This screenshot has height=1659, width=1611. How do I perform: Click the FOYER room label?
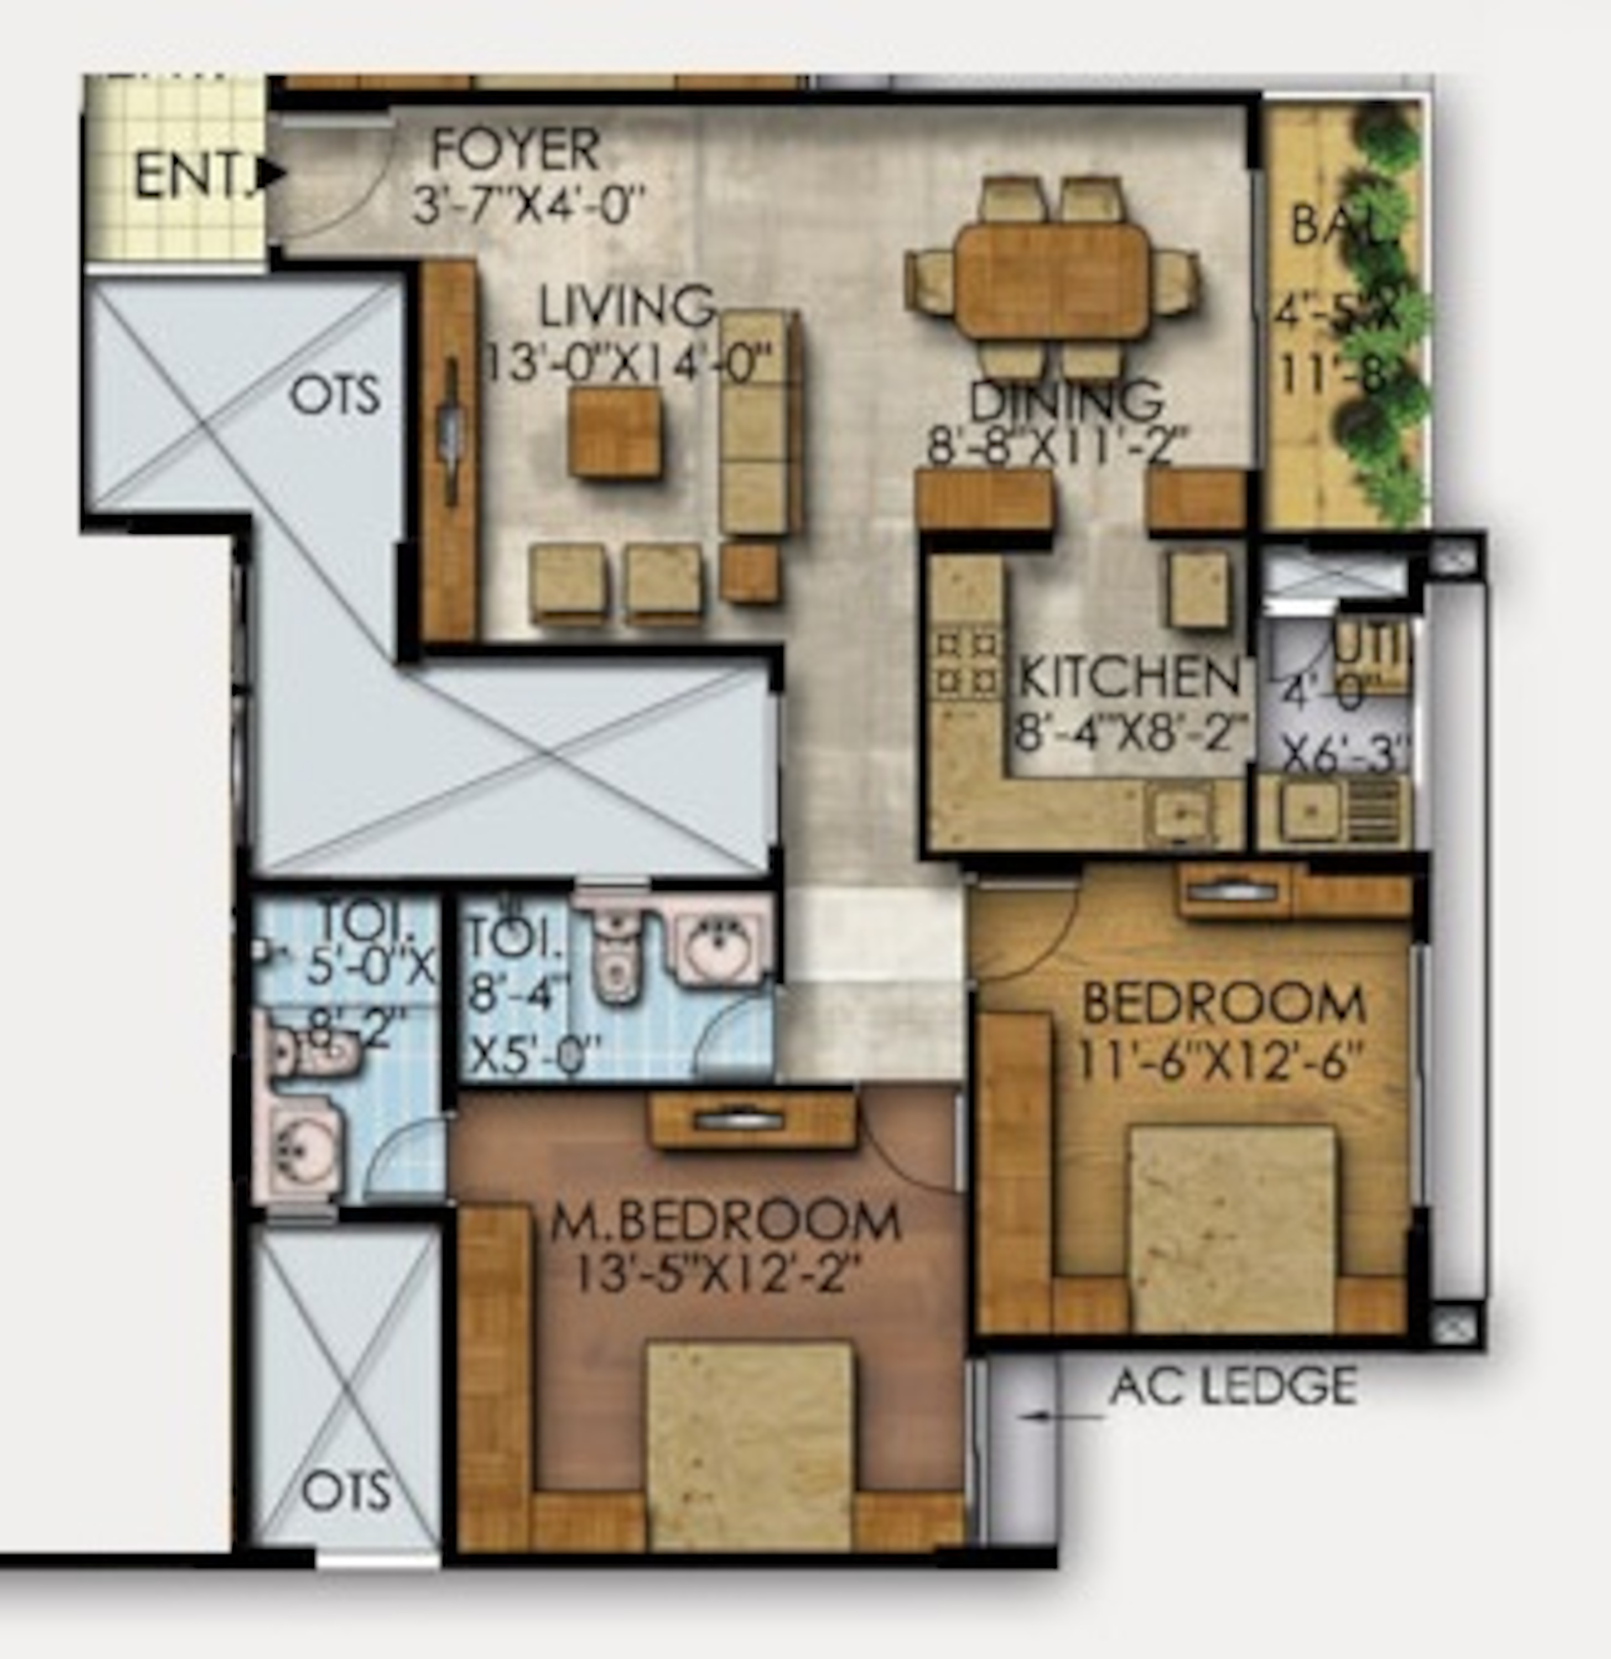516,150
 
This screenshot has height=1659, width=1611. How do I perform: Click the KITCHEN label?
1129,677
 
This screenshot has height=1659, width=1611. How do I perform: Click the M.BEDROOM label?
725,1222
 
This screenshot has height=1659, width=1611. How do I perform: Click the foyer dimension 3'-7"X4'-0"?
528,205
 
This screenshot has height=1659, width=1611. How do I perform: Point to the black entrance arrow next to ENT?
273,174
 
